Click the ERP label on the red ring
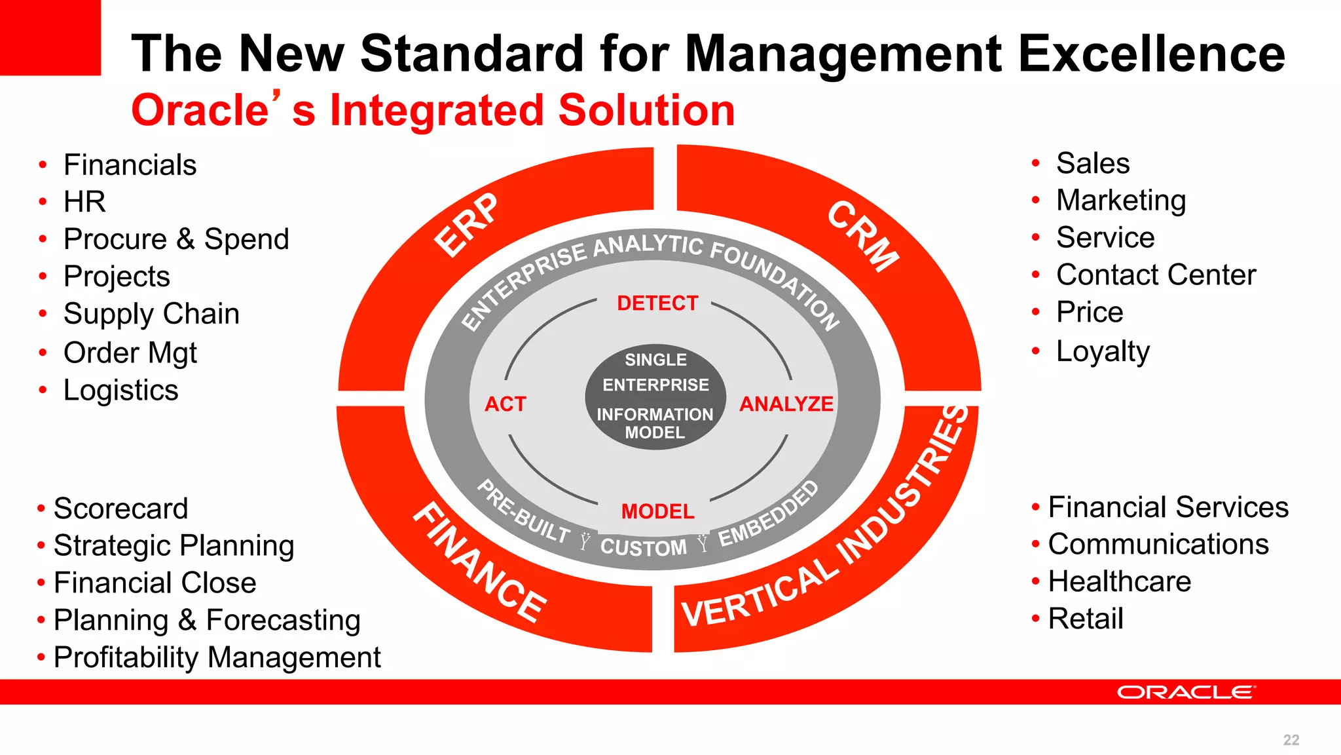tap(466, 225)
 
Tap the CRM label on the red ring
tap(863, 236)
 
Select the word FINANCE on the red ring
tap(480, 563)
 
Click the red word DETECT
tap(657, 303)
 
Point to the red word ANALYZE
tap(786, 404)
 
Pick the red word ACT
tap(505, 404)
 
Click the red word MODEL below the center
tap(657, 511)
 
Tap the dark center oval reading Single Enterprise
tap(655, 396)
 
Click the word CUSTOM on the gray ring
tap(644, 547)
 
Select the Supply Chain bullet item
tap(151, 314)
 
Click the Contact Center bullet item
tap(1156, 275)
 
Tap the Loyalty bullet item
tap(1103, 351)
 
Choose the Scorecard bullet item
tap(120, 509)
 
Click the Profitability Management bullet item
tap(217, 657)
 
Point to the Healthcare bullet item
tap(1119, 581)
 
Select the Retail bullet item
tap(1086, 619)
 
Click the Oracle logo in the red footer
tap(1186, 693)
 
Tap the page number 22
tap(1291, 740)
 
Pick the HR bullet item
tap(84, 202)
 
